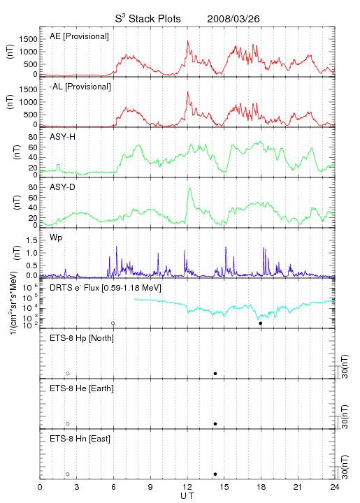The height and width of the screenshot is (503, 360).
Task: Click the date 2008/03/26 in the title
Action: pos(233,19)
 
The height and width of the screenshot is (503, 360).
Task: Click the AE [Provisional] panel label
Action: pos(79,36)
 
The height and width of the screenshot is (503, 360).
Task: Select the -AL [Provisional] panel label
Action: pos(80,87)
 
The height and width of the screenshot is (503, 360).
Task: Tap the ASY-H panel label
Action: pos(63,137)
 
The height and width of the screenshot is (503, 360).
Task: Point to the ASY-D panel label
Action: pos(63,187)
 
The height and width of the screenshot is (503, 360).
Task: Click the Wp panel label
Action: pos(56,238)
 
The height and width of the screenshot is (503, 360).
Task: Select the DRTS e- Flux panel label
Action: pos(106,287)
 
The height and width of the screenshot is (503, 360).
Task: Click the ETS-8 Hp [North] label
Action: pos(82,338)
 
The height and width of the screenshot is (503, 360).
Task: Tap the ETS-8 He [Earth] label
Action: pos(82,388)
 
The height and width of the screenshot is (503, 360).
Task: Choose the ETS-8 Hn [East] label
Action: pos(80,439)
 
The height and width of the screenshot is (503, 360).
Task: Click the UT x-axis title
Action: pos(187,496)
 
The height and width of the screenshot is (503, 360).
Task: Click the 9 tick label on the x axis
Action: pos(150,487)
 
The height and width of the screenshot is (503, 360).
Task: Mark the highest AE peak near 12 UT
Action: pos(188,41)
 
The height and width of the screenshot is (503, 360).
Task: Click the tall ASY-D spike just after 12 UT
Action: pos(189,189)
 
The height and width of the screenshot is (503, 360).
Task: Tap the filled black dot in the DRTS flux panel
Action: pos(261,323)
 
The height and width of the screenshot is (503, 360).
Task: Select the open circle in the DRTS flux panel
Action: pos(113,323)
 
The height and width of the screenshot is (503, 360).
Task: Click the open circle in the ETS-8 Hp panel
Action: pos(68,374)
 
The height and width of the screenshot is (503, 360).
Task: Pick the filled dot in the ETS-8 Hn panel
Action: pos(215,474)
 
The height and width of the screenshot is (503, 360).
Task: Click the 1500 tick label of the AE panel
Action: pos(28,39)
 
